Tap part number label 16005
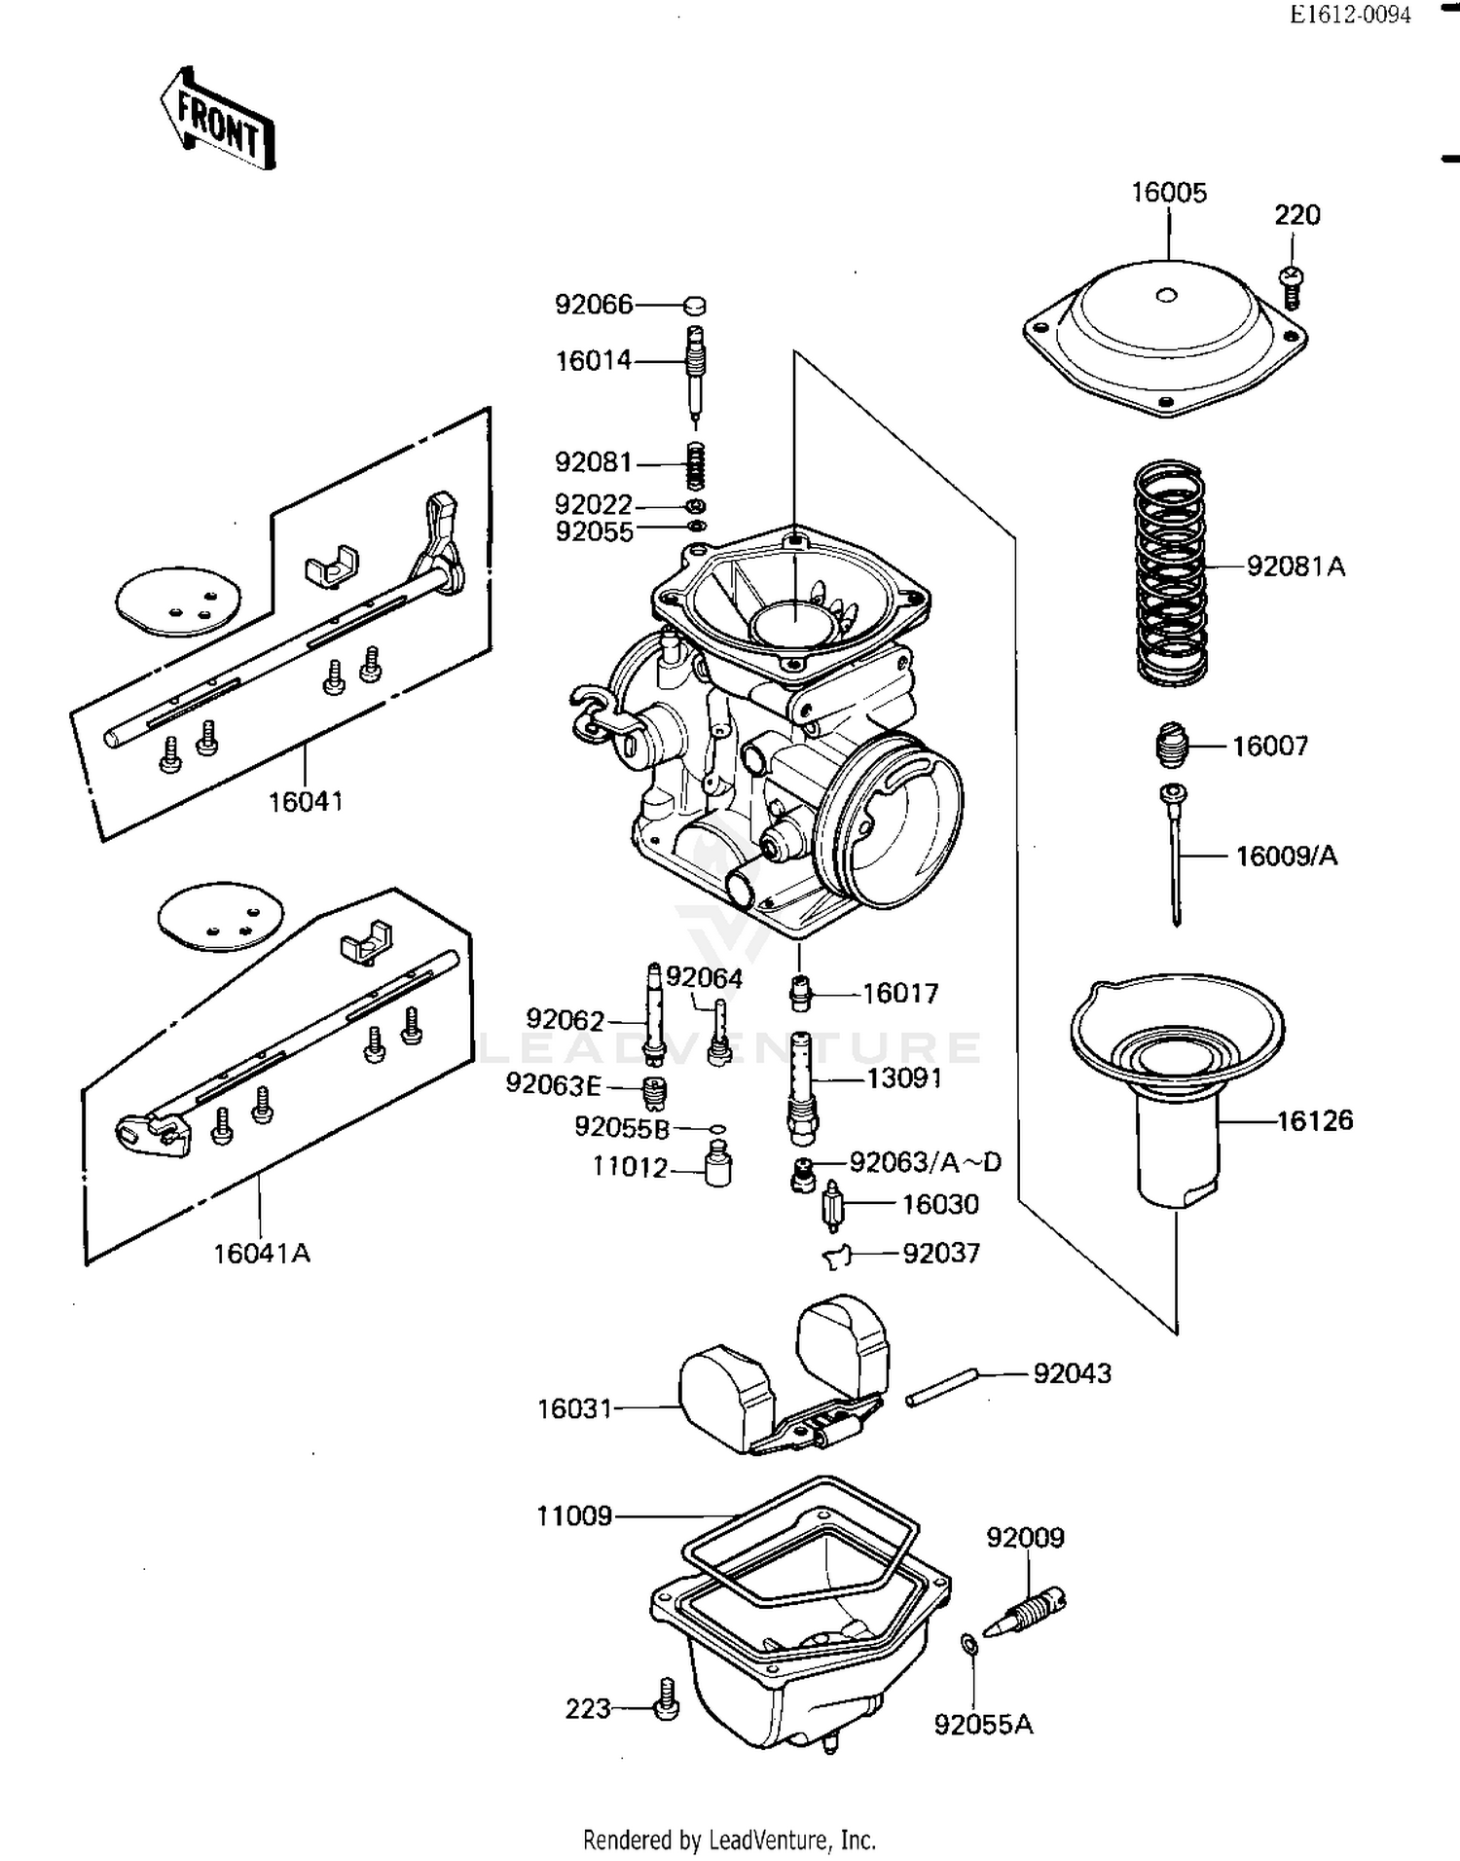coord(1168,193)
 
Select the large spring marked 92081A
coord(1171,572)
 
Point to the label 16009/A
coord(1286,857)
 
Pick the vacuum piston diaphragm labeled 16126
coord(1177,1080)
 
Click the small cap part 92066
coord(694,306)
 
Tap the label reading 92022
coord(593,505)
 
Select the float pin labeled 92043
coord(940,1387)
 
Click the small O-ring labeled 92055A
coord(969,1644)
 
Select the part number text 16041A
coord(261,1254)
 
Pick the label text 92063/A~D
coord(925,1162)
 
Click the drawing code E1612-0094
coord(1350,15)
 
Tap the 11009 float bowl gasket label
coord(574,1515)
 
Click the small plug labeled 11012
coord(718,1165)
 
